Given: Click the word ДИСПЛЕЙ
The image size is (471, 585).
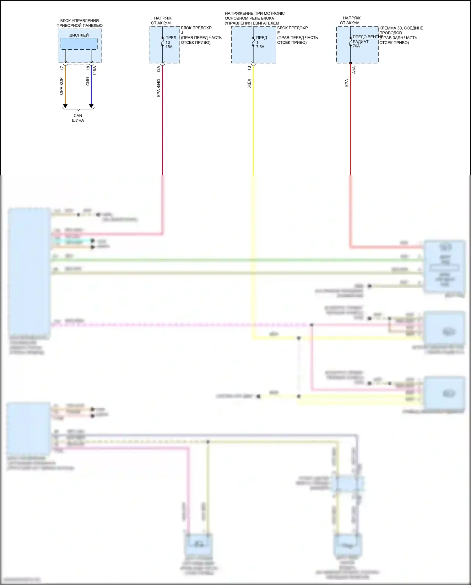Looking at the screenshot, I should pyautogui.click(x=79, y=35).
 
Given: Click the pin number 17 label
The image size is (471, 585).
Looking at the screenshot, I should pyautogui.click(x=62, y=68).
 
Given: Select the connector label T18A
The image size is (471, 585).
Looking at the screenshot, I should pyautogui.click(x=95, y=70).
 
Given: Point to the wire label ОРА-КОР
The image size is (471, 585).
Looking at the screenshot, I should pyautogui.click(x=62, y=86).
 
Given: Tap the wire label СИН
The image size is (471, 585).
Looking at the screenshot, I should pyautogui.click(x=88, y=81).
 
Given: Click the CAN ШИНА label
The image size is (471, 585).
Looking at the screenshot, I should pyautogui.click(x=78, y=118).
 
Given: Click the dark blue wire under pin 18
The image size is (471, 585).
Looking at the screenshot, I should pyautogui.click(x=91, y=91).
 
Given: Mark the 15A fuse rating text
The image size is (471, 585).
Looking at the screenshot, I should pyautogui.click(x=169, y=47).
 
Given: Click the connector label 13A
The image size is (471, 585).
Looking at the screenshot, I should pyautogui.click(x=159, y=69).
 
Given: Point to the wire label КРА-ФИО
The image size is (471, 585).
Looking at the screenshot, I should pyautogui.click(x=159, y=88).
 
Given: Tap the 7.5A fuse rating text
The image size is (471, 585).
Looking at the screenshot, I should pyautogui.click(x=260, y=47).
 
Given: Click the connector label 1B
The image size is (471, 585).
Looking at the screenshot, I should pyautogui.click(x=249, y=68).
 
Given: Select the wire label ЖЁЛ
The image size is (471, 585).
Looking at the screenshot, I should pyautogui.click(x=249, y=83).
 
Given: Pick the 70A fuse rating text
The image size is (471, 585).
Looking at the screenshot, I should pyautogui.click(x=356, y=46).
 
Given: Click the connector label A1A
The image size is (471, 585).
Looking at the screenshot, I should pyautogui.click(x=354, y=70).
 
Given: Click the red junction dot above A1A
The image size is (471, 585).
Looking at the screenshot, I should pyautogui.click(x=350, y=63).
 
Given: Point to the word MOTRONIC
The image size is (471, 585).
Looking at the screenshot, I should pyautogui.click(x=274, y=14).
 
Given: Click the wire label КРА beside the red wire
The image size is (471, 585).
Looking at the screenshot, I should pyautogui.click(x=347, y=83).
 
